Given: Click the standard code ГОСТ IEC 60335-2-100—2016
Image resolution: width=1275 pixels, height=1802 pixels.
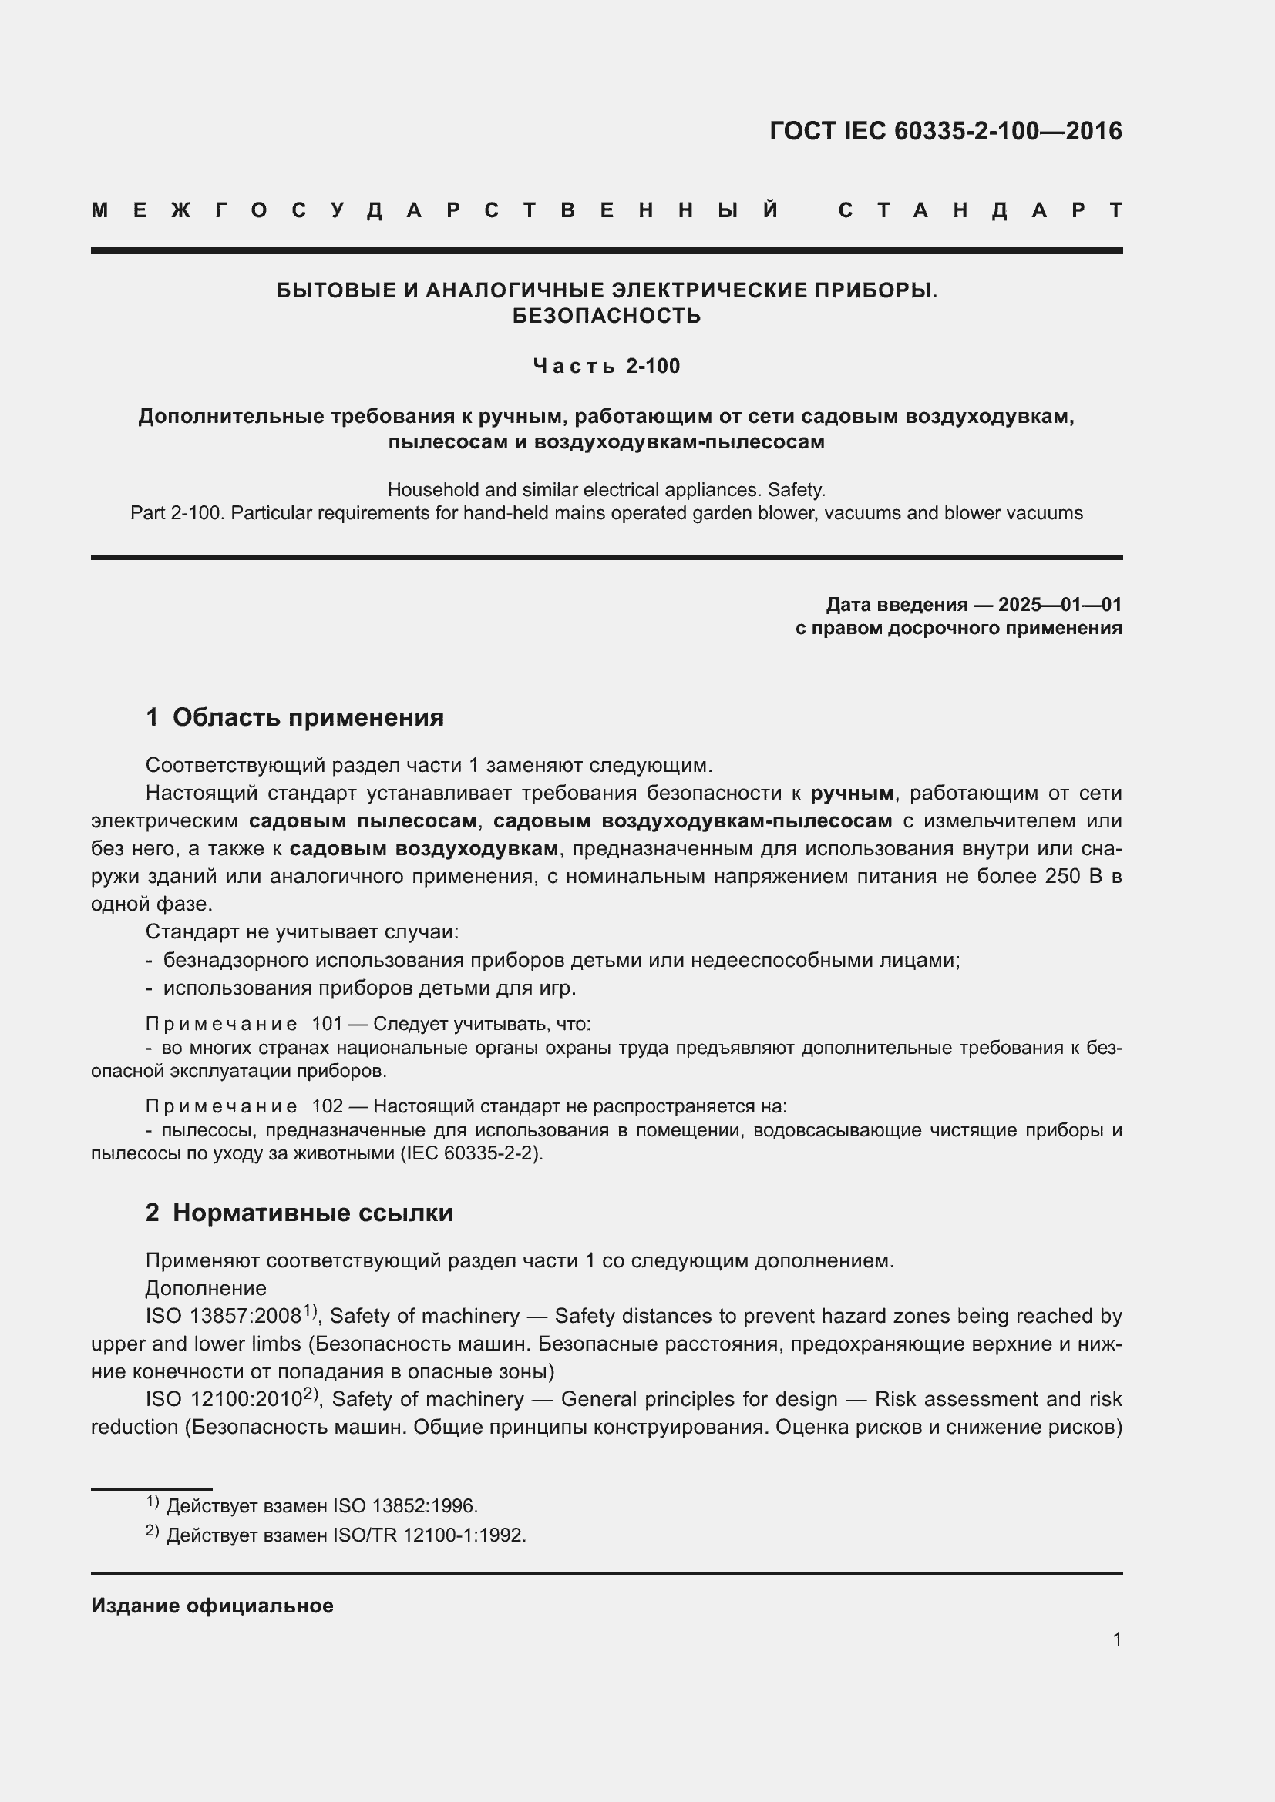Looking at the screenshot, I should click(945, 131).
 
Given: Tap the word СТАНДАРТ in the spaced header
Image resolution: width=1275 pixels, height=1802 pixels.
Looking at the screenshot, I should click(980, 210).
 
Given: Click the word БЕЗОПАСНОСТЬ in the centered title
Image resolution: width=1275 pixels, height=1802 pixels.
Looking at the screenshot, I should click(606, 317).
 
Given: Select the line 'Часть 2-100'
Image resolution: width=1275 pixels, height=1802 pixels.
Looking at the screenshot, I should click(606, 366).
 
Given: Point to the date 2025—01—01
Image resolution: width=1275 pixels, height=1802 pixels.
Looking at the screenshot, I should click(1060, 604).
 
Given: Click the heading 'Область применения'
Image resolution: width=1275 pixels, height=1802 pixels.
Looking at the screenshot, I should click(308, 717).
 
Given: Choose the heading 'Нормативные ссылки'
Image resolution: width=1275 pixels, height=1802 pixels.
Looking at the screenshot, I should click(312, 1213).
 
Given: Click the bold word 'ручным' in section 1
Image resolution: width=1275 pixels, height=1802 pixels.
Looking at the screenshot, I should click(852, 794).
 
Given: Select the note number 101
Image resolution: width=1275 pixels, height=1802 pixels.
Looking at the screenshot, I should click(328, 1024).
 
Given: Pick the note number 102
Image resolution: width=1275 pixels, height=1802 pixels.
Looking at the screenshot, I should click(328, 1106).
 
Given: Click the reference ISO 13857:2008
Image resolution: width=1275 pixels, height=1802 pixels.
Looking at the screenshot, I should click(224, 1316).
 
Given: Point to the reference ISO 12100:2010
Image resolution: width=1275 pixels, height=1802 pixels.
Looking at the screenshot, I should click(224, 1399).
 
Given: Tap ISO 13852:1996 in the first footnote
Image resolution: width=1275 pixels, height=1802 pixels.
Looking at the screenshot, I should click(405, 1506).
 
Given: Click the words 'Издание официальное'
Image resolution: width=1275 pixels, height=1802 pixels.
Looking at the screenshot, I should click(212, 1606).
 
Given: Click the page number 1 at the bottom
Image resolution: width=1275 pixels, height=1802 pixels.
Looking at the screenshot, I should click(1117, 1639).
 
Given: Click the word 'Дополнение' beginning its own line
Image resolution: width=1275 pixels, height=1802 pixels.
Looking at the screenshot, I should click(206, 1288).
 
